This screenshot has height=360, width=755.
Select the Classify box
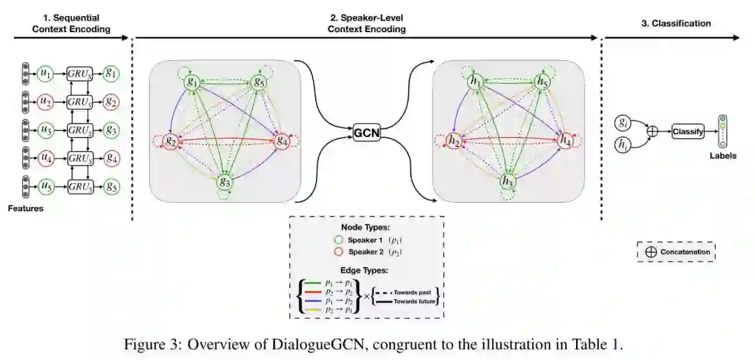689,131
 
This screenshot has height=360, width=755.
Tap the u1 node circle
45,73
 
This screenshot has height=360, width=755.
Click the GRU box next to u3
78,130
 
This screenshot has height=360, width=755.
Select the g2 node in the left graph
170,141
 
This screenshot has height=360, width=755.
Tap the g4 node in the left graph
282,141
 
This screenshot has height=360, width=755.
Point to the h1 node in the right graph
475,82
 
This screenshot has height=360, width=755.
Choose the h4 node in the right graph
566,141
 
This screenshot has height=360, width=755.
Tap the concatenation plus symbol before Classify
653,131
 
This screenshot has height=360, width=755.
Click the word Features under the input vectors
24,208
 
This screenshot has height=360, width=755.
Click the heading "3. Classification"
675,24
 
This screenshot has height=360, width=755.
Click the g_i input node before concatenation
622,122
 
